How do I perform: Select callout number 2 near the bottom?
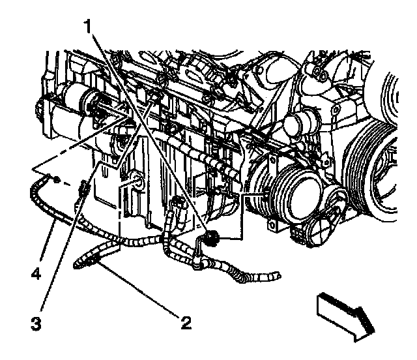tap(186, 322)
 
